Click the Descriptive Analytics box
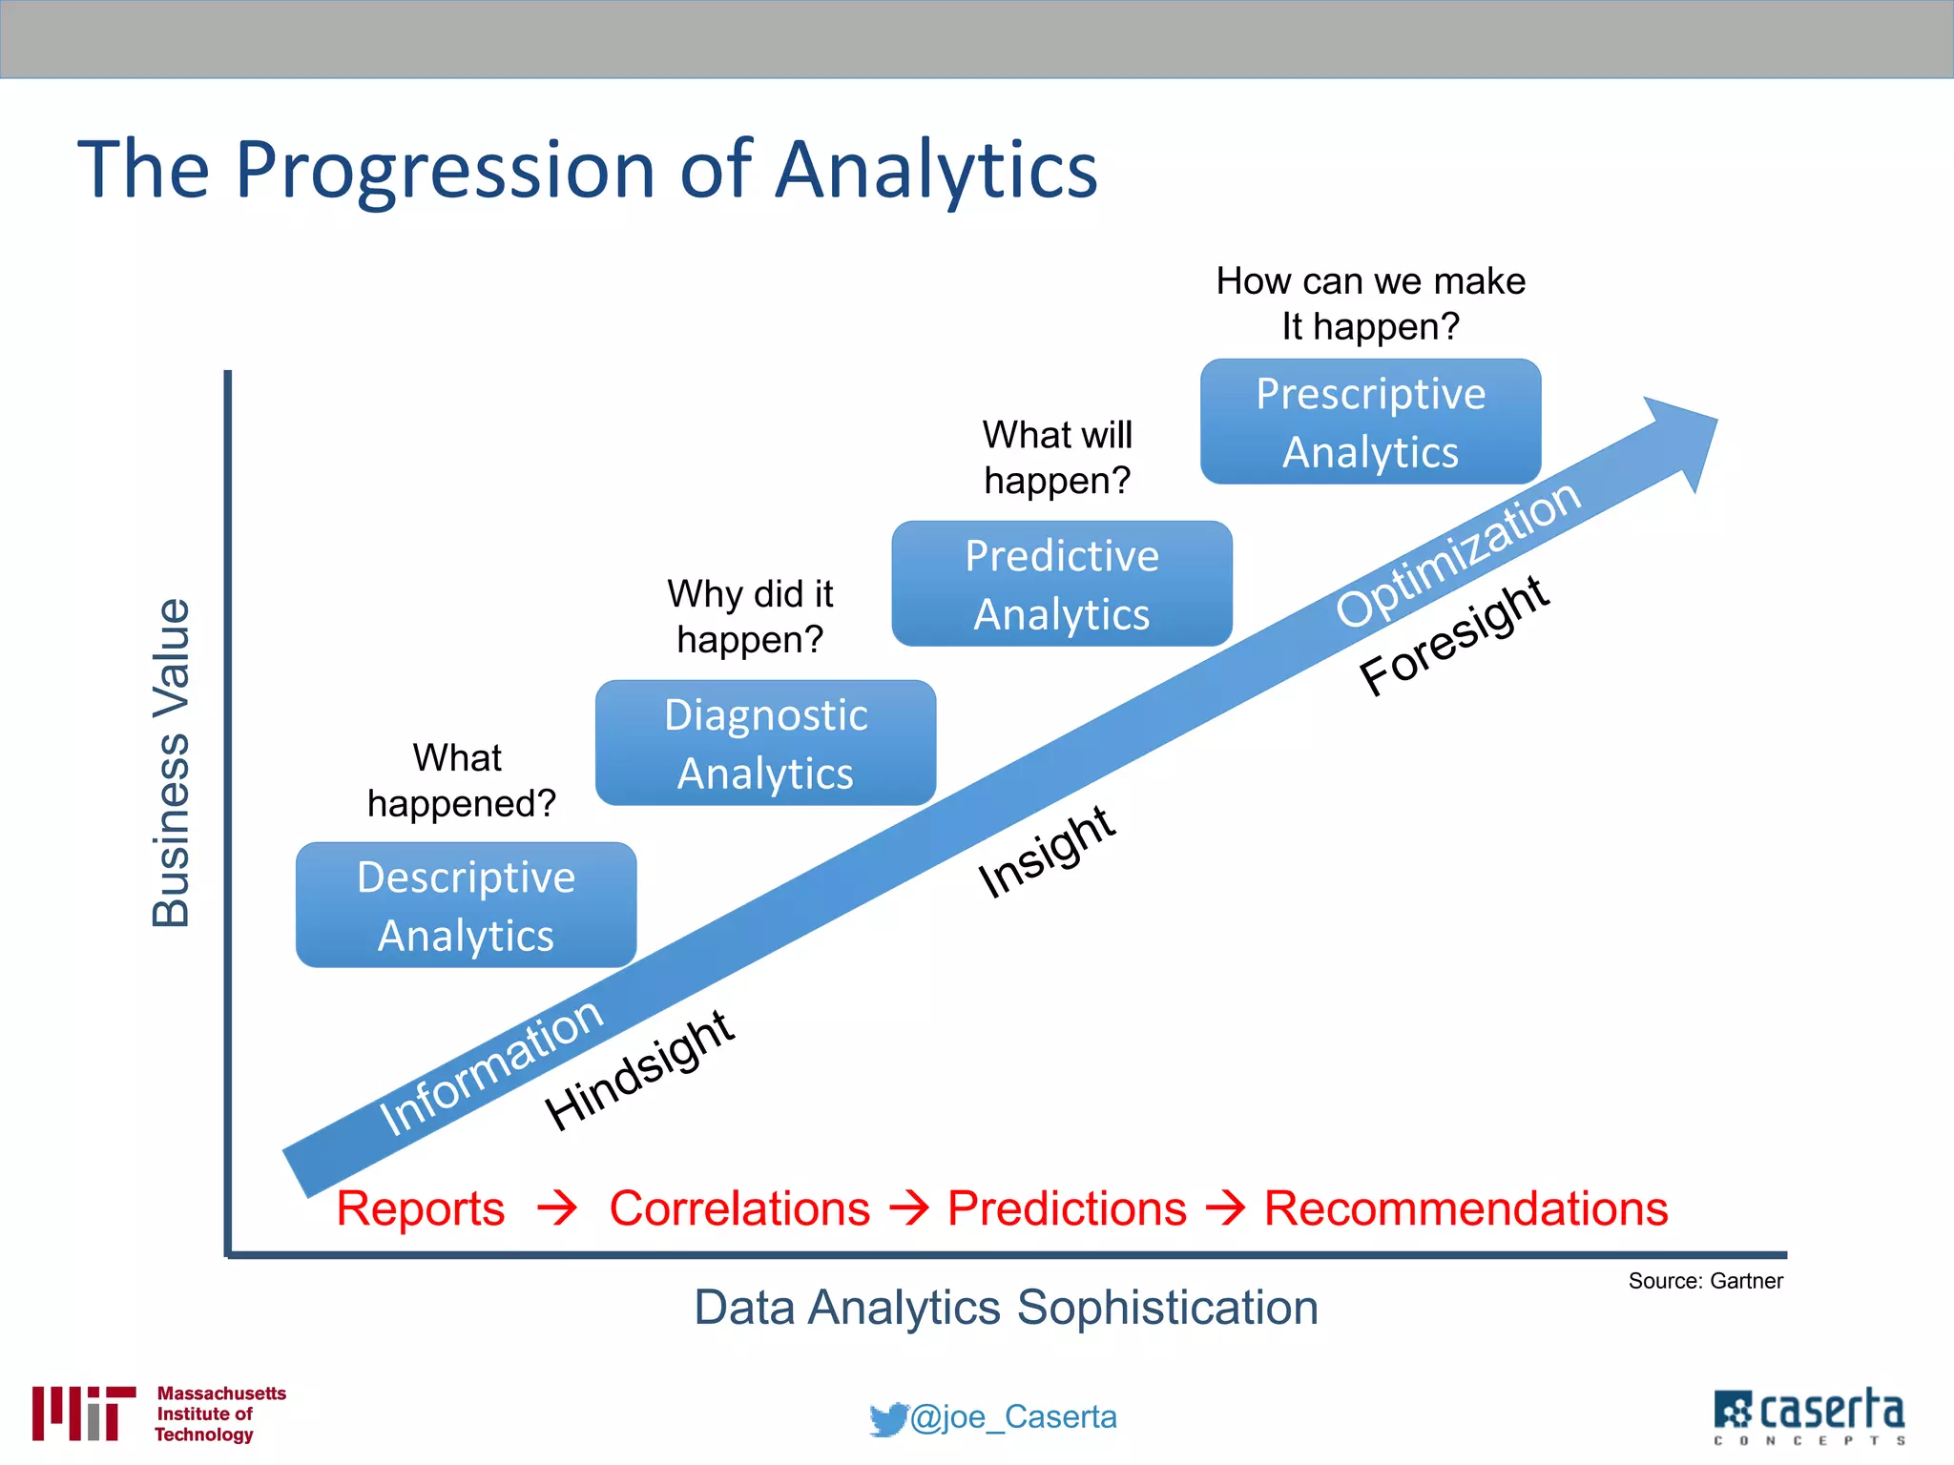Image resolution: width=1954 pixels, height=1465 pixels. [x=466, y=905]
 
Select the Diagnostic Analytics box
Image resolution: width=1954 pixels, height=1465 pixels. [x=765, y=743]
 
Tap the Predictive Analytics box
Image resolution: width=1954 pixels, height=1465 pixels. [x=1062, y=584]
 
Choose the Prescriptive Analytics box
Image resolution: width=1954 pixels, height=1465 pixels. [x=1370, y=422]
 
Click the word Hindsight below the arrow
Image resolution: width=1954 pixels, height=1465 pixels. [x=639, y=1070]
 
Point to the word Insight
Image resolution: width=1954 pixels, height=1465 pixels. [x=1047, y=852]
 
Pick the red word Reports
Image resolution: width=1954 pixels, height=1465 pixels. [x=420, y=1208]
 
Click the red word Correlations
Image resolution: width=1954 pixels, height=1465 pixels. [x=739, y=1208]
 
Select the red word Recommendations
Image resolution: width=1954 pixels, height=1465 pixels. [x=1465, y=1208]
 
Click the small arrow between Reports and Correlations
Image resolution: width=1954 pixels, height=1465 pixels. [x=557, y=1207]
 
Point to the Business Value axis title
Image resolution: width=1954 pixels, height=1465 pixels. [x=172, y=763]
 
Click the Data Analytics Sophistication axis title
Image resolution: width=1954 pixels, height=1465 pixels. [x=1006, y=1308]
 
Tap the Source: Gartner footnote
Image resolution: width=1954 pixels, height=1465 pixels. [x=1705, y=1281]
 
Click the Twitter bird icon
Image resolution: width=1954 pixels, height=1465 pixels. [x=887, y=1418]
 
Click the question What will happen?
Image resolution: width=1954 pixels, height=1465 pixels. [x=1057, y=458]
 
